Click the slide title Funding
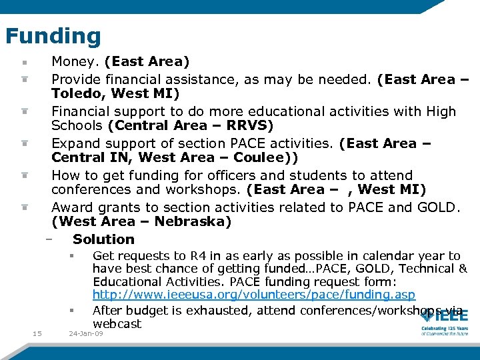[53, 36]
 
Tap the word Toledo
[77, 93]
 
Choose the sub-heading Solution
[103, 239]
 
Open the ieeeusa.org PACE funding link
[253, 295]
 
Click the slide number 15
[37, 333]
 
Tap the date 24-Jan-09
[86, 333]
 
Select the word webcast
[117, 324]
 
